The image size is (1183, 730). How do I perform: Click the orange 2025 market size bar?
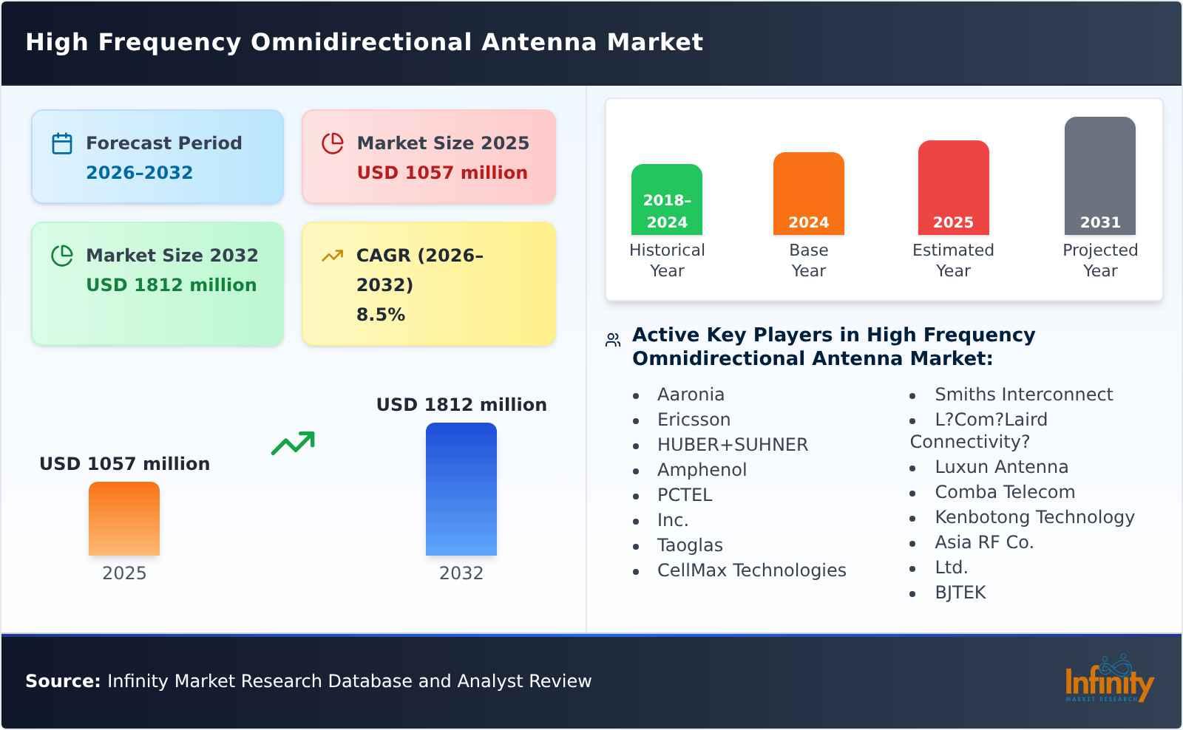[124, 519]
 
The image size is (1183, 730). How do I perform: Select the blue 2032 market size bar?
[461, 489]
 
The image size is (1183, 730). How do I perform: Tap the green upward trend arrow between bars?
[294, 443]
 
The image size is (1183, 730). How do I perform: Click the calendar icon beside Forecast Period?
[62, 143]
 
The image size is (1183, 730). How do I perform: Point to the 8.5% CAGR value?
[381, 315]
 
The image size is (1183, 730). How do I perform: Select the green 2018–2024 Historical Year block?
[667, 199]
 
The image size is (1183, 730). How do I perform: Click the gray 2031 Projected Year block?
[1099, 176]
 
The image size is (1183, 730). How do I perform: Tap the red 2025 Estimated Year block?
[953, 188]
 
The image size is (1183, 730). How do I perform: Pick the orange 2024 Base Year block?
[808, 194]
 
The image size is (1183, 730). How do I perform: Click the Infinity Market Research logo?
[1109, 680]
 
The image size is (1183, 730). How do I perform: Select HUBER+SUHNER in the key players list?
[733, 445]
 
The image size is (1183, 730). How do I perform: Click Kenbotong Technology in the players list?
[1034, 517]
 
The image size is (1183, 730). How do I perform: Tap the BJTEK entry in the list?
[960, 593]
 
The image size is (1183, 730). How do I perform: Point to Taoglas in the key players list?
[690, 545]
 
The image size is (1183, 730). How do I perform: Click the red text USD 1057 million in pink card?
[442, 173]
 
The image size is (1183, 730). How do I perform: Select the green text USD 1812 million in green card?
[172, 285]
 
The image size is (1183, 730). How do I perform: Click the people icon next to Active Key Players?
[613, 340]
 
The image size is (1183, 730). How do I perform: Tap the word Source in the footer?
[62, 681]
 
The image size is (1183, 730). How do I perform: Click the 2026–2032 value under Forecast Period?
[139, 173]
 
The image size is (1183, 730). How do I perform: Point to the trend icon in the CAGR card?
[333, 256]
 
